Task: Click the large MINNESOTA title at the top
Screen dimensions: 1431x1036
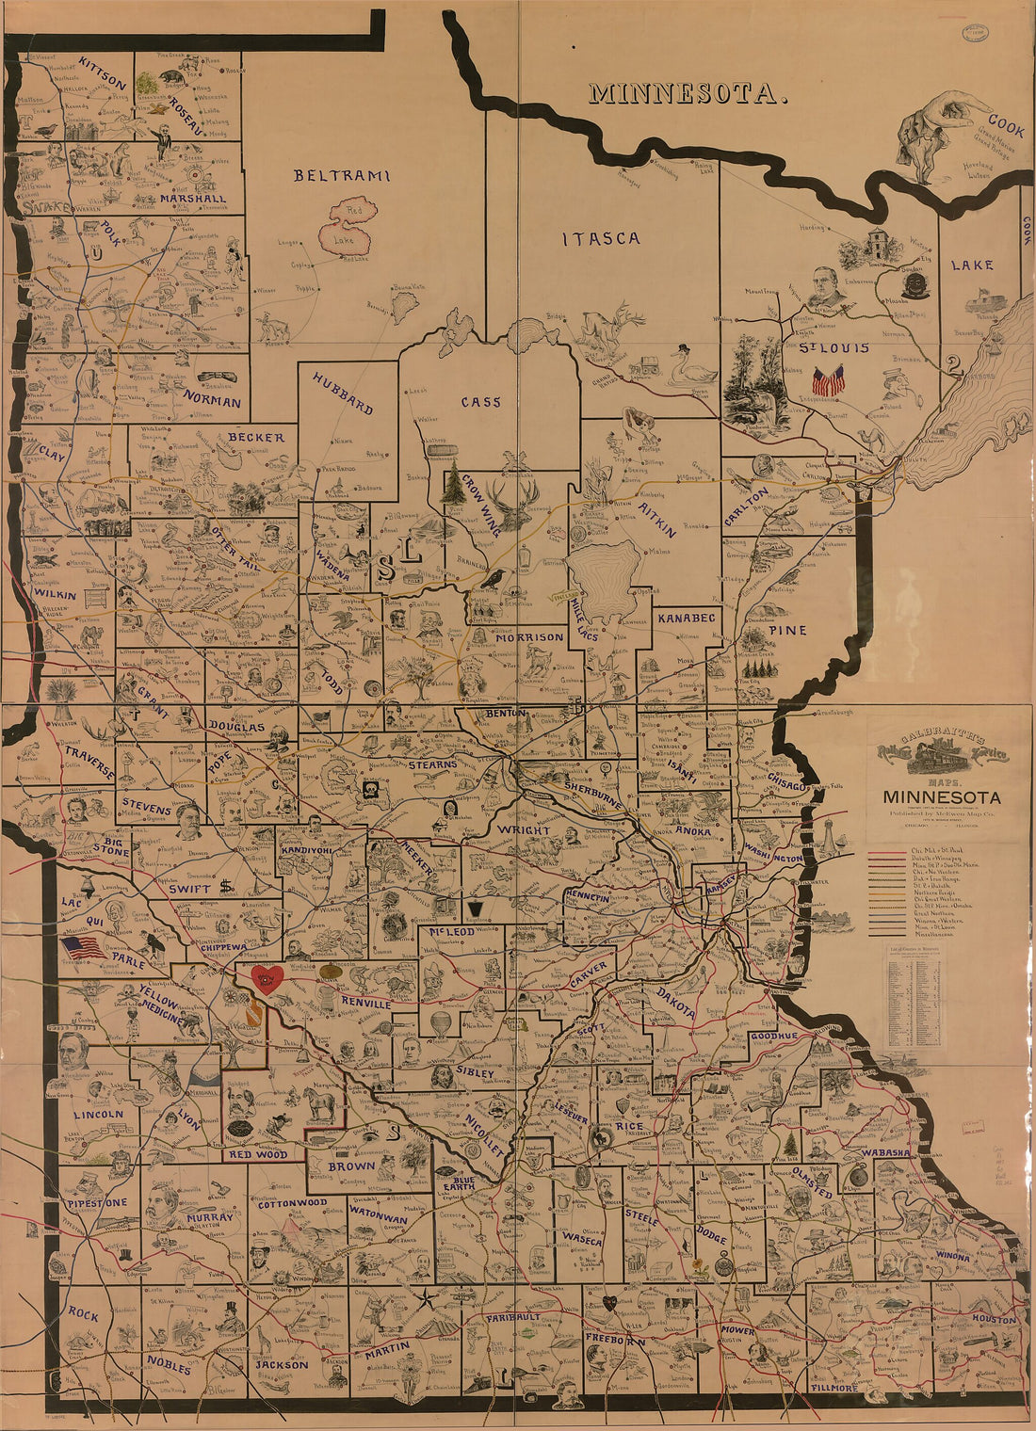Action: pos(687,93)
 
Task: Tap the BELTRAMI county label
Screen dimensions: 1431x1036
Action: pos(340,175)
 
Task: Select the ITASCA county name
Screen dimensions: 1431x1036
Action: pos(602,238)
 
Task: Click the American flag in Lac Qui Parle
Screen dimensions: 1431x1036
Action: pos(84,947)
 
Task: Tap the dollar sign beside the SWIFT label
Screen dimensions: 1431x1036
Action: pos(226,885)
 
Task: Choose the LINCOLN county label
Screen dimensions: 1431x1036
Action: pos(98,1115)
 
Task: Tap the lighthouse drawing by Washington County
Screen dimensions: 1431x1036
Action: pos(829,837)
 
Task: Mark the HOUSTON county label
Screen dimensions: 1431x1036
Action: pos(994,1319)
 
